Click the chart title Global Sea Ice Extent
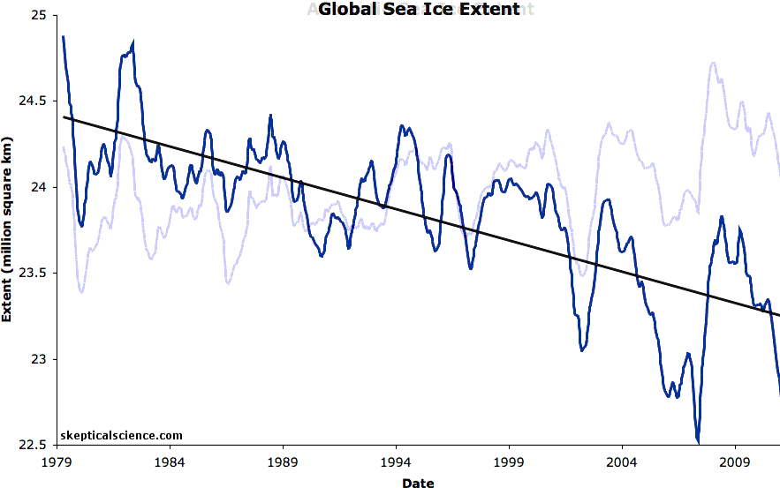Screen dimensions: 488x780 (x=419, y=11)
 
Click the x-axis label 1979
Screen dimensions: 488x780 (x=57, y=462)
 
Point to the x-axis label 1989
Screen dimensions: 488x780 (x=283, y=462)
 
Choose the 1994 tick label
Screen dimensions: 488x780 (x=396, y=462)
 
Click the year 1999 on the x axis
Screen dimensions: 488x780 (x=509, y=462)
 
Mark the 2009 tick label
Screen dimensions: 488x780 (x=735, y=462)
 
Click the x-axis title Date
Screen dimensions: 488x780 (x=418, y=483)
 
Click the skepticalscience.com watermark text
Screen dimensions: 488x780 (x=122, y=435)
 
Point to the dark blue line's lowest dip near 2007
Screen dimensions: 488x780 (x=698, y=440)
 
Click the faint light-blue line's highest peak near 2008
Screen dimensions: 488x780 (x=713, y=64)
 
